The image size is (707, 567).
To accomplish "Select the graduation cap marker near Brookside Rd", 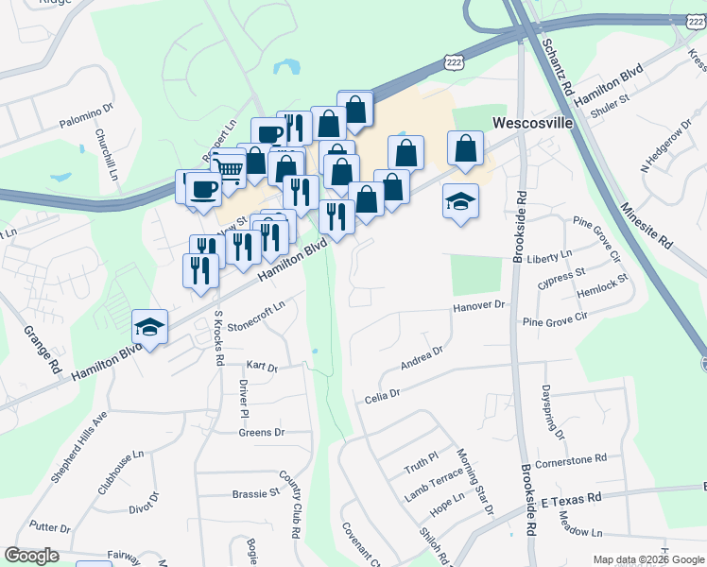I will [x=460, y=201].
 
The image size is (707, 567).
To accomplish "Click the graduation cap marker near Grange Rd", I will [x=149, y=327].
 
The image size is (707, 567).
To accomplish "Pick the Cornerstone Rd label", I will [x=570, y=460].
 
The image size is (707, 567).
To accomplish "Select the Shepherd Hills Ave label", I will [x=78, y=446].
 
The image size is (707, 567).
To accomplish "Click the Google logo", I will [x=32, y=556].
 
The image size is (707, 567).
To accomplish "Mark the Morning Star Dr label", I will [x=475, y=482].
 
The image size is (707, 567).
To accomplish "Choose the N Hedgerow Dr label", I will [x=663, y=152].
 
